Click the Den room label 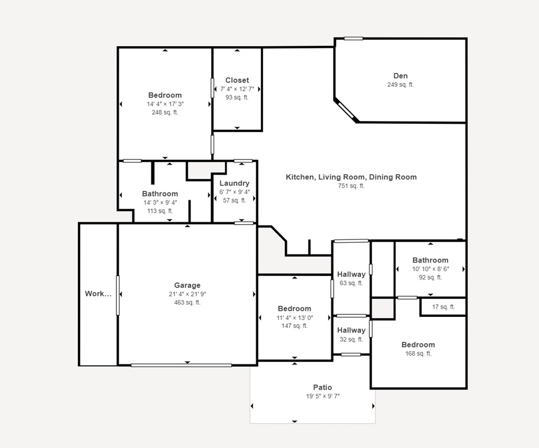[x=400, y=76]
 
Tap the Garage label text [x=187, y=285]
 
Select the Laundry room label [x=234, y=183]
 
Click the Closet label [x=237, y=81]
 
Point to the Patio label [x=323, y=387]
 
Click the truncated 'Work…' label [x=98, y=294]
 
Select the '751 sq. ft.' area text [x=351, y=186]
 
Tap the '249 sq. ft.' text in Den [x=400, y=85]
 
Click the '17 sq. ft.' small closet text [x=443, y=307]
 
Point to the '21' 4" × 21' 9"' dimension [x=187, y=294]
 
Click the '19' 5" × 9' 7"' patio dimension [x=323, y=396]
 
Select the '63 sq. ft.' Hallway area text [x=351, y=283]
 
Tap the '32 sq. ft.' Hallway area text [x=351, y=340]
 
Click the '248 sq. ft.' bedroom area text [x=165, y=113]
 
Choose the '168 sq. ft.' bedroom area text [x=418, y=354]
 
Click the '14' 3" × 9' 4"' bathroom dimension [x=160, y=203]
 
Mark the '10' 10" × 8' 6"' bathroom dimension [x=430, y=269]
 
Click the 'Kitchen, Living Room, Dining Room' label [x=351, y=177]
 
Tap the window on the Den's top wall [x=354, y=38]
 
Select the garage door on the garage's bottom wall [x=181, y=365]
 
